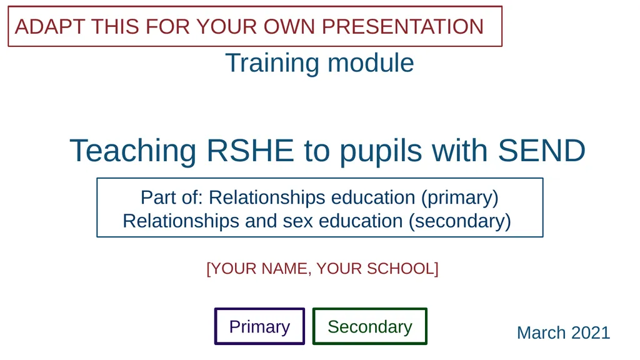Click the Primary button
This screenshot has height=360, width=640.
click(x=259, y=326)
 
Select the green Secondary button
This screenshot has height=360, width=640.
click(x=369, y=326)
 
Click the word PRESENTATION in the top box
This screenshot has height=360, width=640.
click(x=402, y=27)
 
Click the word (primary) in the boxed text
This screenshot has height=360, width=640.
click(x=459, y=197)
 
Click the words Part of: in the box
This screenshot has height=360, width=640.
click(x=172, y=197)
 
